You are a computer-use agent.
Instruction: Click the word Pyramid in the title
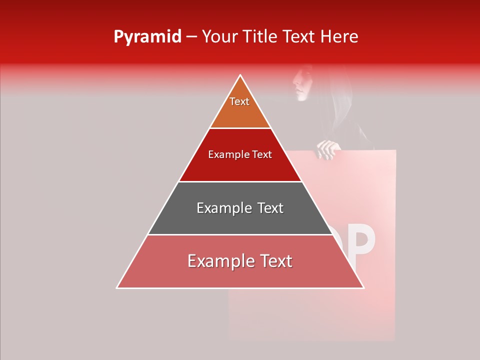pyautogui.click(x=147, y=36)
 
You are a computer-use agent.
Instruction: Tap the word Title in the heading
pyautogui.click(x=260, y=36)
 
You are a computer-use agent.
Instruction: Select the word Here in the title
pyautogui.click(x=339, y=36)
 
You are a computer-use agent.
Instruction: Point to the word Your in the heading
pyautogui.click(x=218, y=36)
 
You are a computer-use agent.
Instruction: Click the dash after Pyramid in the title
pyautogui.click(x=191, y=37)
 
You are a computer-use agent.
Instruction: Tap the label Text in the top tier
pyautogui.click(x=239, y=101)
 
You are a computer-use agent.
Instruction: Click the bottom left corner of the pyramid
pyautogui.click(x=117, y=287)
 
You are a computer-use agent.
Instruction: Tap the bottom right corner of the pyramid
pyautogui.click(x=363, y=287)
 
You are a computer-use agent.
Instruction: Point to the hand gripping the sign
pyautogui.click(x=327, y=149)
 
